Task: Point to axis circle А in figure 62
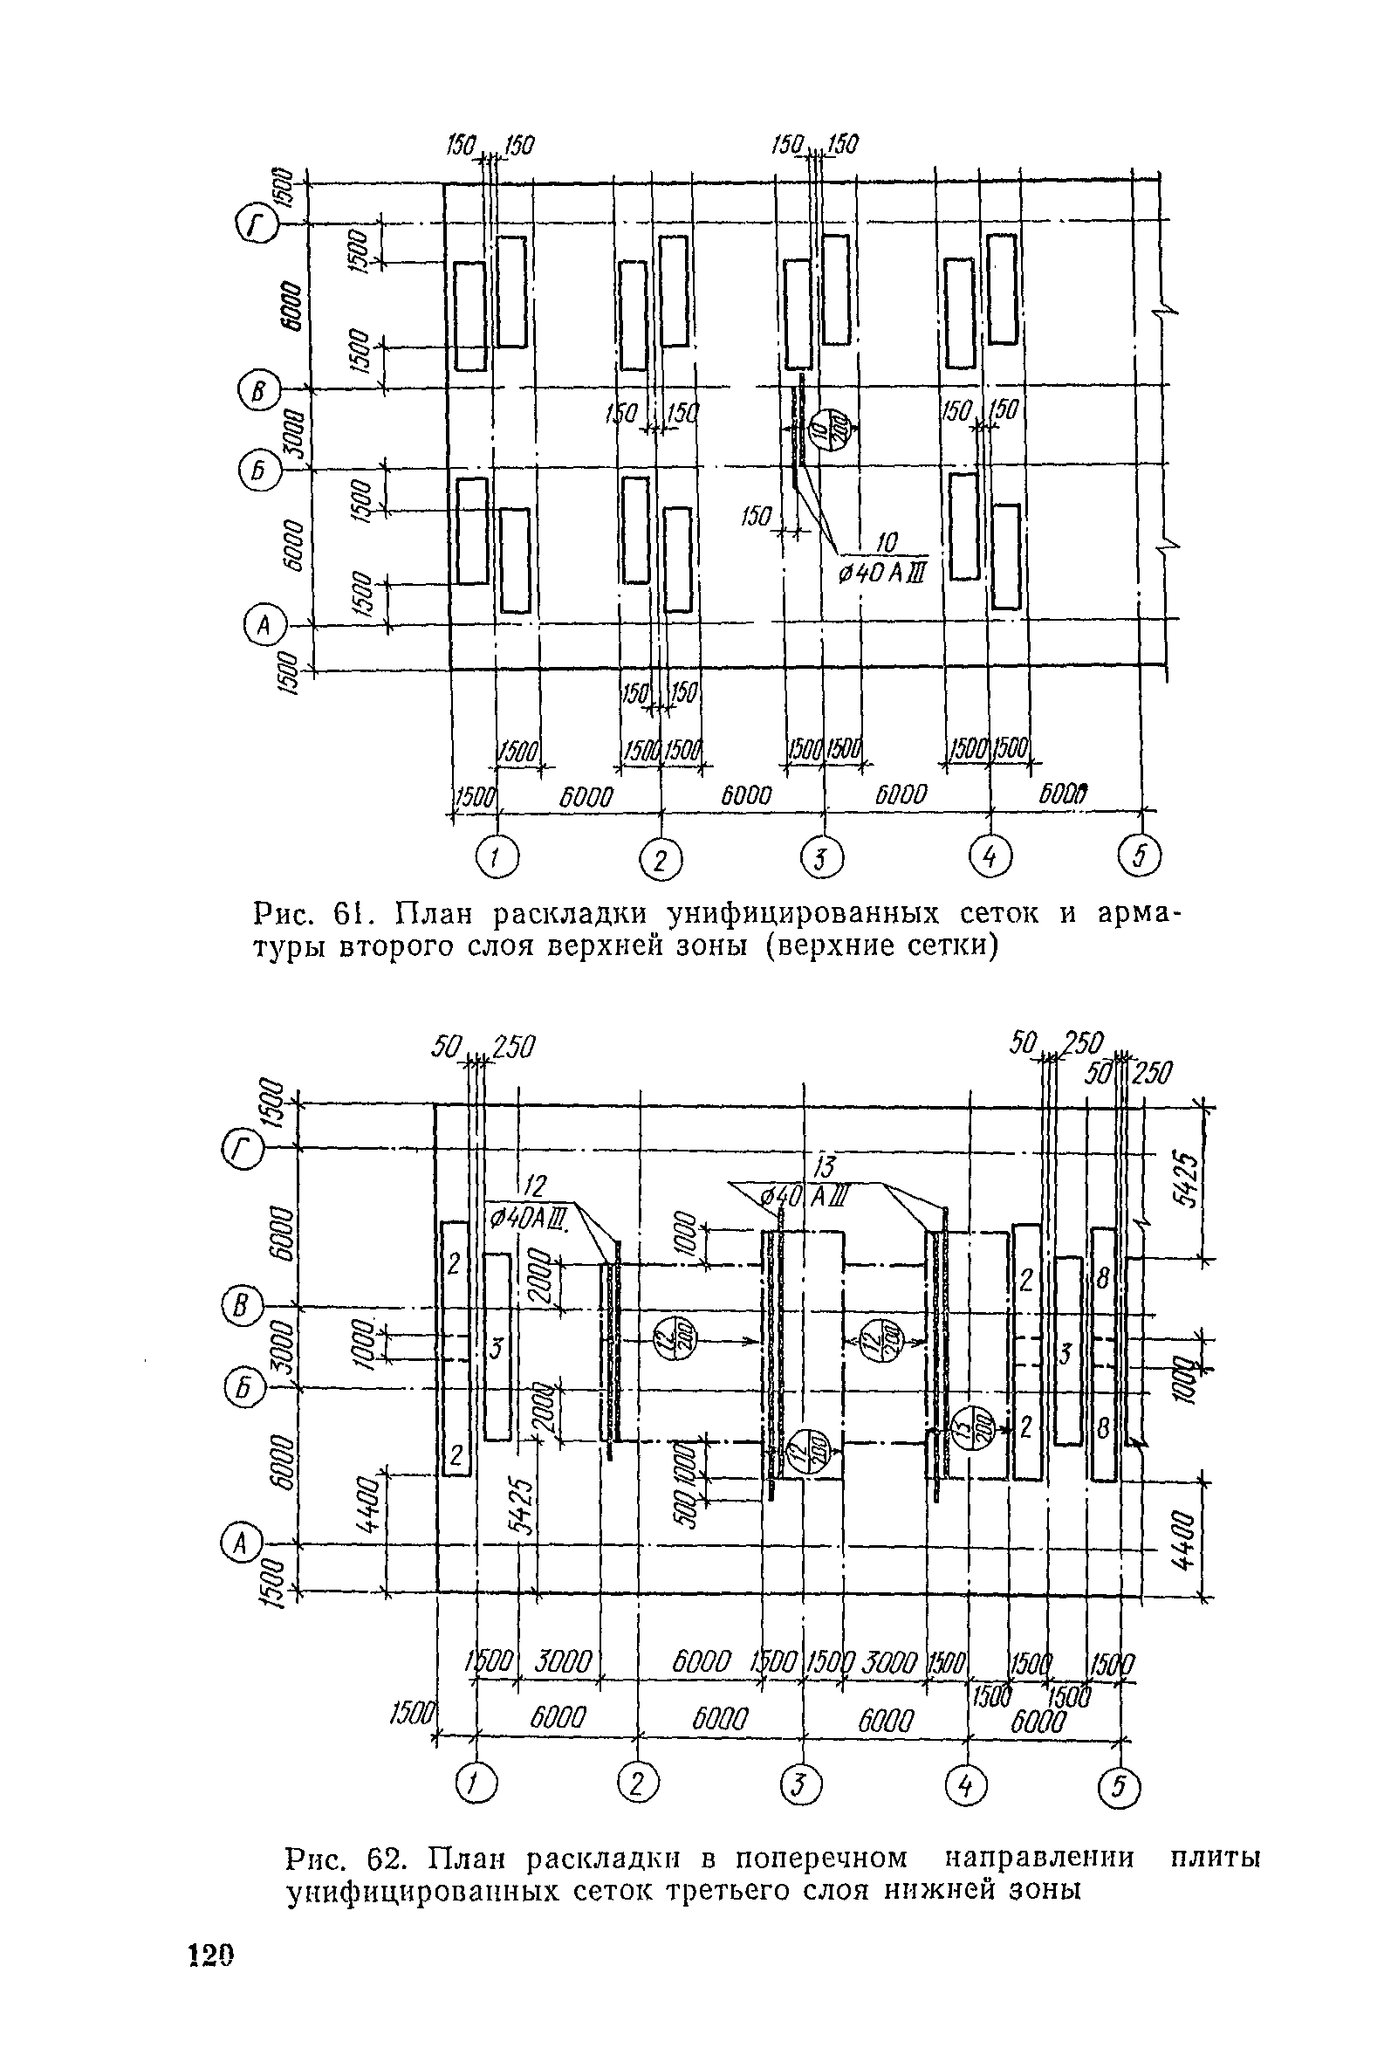tap(236, 1544)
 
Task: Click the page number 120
tap(211, 1999)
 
